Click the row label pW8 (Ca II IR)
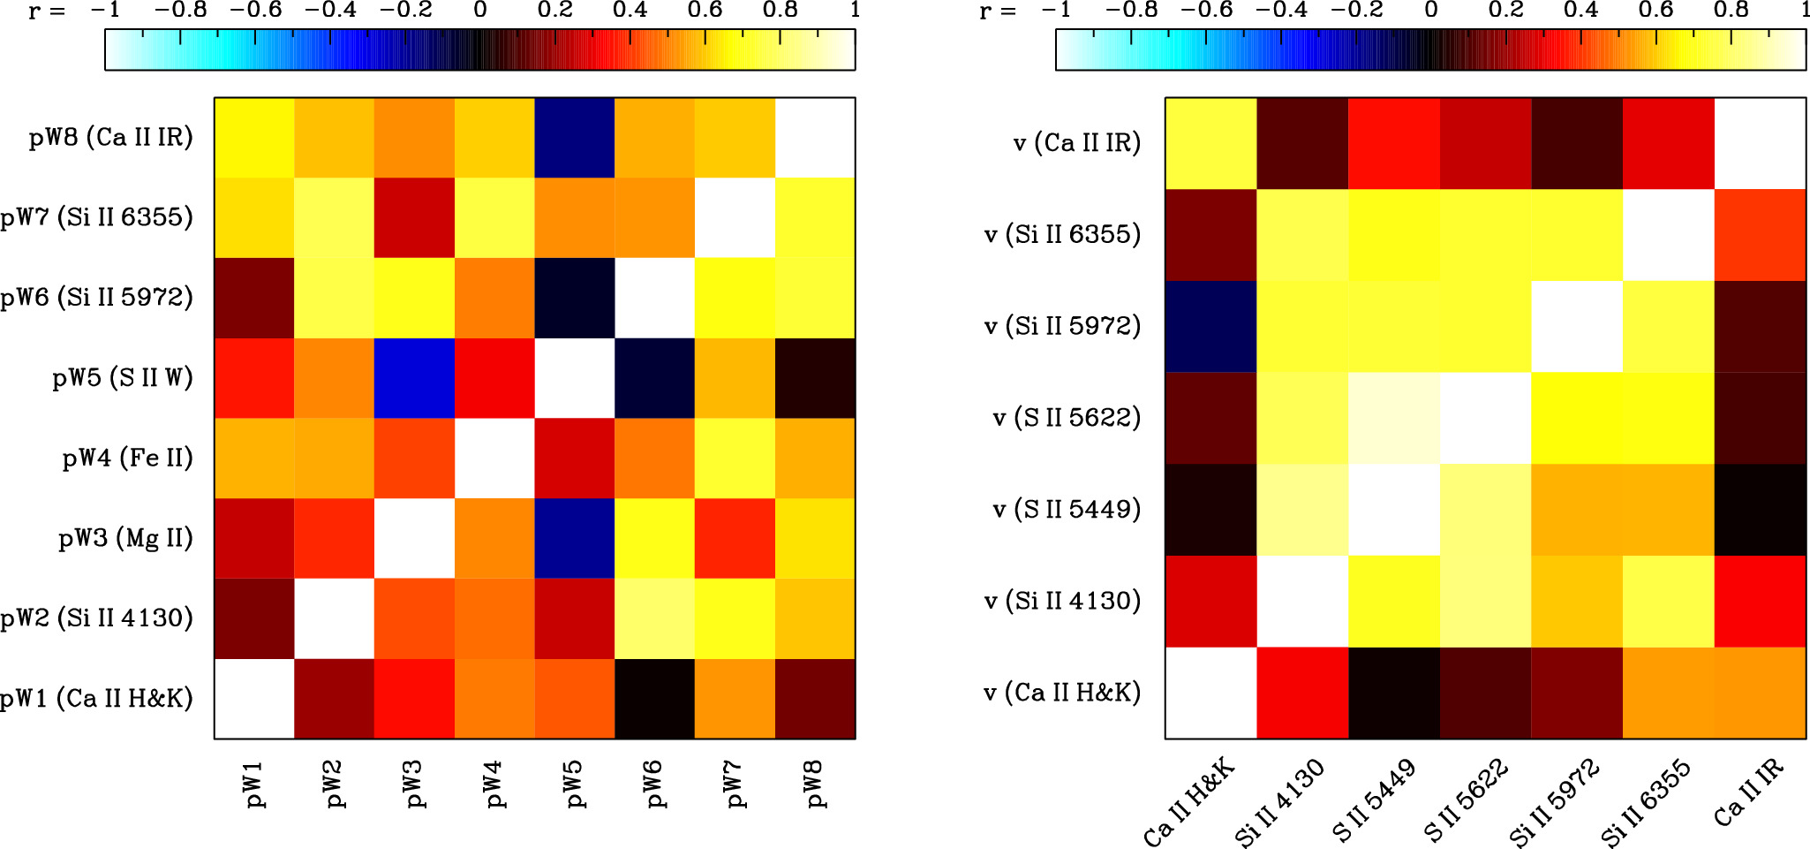point(110,138)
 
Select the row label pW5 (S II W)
point(122,378)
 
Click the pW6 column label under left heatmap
point(654,784)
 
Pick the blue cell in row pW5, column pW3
point(414,378)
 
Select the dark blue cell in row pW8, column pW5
point(574,138)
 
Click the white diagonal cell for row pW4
point(494,459)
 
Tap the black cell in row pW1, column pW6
point(654,699)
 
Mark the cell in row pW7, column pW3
point(414,217)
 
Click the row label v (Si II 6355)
point(1062,235)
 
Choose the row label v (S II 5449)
point(1067,510)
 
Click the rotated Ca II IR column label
point(1748,792)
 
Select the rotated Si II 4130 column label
point(1280,802)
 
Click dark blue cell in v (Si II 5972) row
point(1210,327)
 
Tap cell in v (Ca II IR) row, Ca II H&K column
point(1210,143)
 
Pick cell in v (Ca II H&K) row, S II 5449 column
point(1394,694)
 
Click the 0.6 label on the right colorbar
point(1655,11)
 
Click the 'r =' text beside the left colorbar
point(46,11)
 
